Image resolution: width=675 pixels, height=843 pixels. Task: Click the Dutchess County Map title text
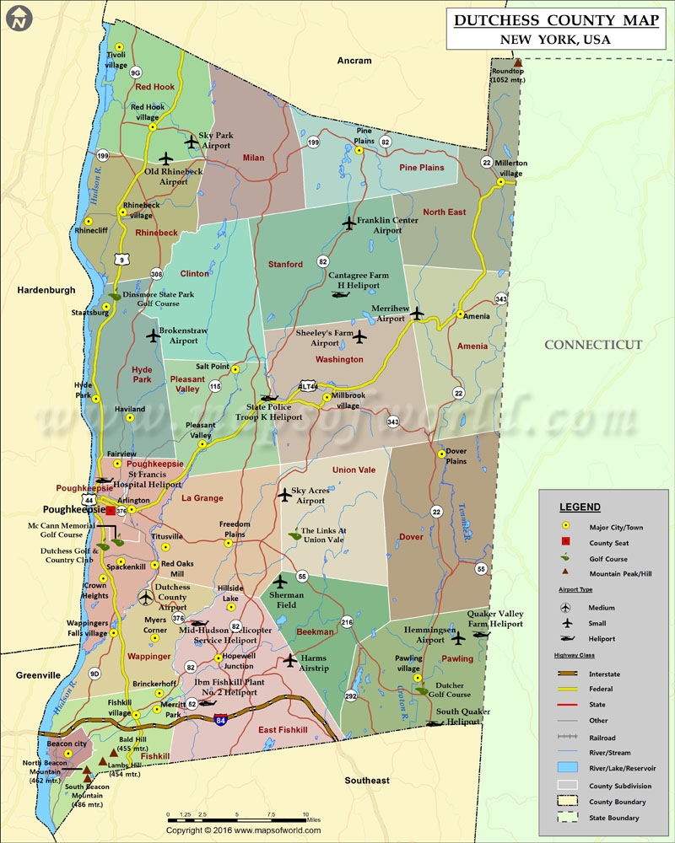pyautogui.click(x=556, y=21)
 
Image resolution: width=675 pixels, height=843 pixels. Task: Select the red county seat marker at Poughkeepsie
pyautogui.click(x=111, y=510)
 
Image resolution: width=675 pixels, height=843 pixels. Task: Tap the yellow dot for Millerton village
pyautogui.click(x=501, y=182)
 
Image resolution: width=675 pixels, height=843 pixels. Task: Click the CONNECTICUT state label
pyautogui.click(x=593, y=345)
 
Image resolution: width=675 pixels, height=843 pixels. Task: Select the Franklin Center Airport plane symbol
pyautogui.click(x=350, y=223)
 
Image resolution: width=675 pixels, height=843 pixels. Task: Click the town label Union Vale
pyautogui.click(x=355, y=470)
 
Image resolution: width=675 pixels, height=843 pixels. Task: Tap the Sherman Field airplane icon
pyautogui.click(x=282, y=582)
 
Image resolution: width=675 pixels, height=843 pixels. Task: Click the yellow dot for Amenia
pyautogui.click(x=461, y=315)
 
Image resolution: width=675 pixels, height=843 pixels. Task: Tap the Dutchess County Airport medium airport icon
pyautogui.click(x=148, y=597)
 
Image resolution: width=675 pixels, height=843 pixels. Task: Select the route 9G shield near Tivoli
pyautogui.click(x=136, y=72)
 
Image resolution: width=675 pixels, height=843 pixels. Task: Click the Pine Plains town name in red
pyautogui.click(x=421, y=168)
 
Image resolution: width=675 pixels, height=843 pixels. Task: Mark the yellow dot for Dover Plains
pyautogui.click(x=441, y=454)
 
